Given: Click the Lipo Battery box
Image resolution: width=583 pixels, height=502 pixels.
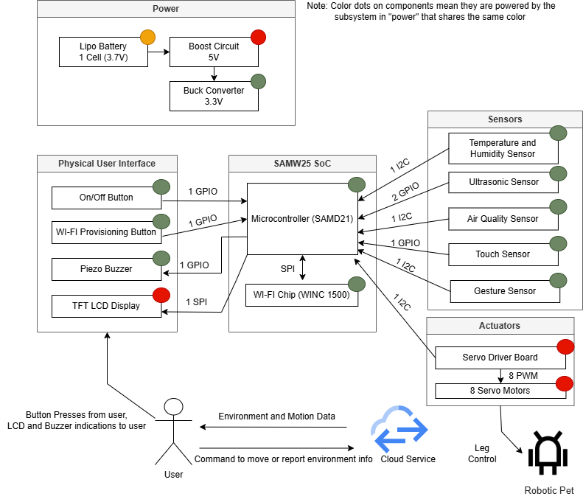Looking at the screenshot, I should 103,52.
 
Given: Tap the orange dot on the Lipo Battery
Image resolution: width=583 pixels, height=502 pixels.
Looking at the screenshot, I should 148,36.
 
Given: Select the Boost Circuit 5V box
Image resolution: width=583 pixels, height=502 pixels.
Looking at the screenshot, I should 214,52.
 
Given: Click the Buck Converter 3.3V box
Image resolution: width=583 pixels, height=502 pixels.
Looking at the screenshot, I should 214,96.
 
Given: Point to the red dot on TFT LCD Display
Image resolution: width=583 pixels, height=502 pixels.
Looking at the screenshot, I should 161,296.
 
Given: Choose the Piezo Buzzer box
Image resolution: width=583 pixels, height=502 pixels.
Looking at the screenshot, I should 106,269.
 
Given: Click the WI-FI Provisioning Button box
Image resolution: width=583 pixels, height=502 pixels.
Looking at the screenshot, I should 106,232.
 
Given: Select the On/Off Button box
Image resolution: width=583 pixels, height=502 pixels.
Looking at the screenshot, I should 106,198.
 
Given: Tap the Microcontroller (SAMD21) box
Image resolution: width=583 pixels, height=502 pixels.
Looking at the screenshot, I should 301,219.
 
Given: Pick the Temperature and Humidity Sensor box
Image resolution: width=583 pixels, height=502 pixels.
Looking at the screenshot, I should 503,148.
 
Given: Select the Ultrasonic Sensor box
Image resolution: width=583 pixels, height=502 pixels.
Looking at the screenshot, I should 503,182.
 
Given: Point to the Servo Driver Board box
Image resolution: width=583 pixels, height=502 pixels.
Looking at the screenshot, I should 499,358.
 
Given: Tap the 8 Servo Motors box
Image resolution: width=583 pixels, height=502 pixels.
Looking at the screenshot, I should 499,391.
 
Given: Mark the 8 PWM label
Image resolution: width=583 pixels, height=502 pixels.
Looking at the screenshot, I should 523,376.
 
